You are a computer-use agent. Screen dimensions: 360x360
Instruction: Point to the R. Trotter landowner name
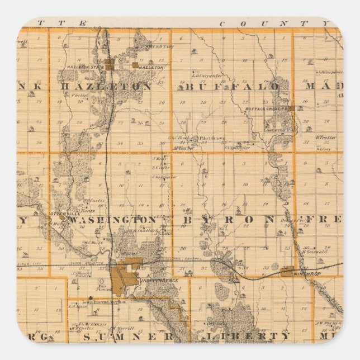point(325,136)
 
